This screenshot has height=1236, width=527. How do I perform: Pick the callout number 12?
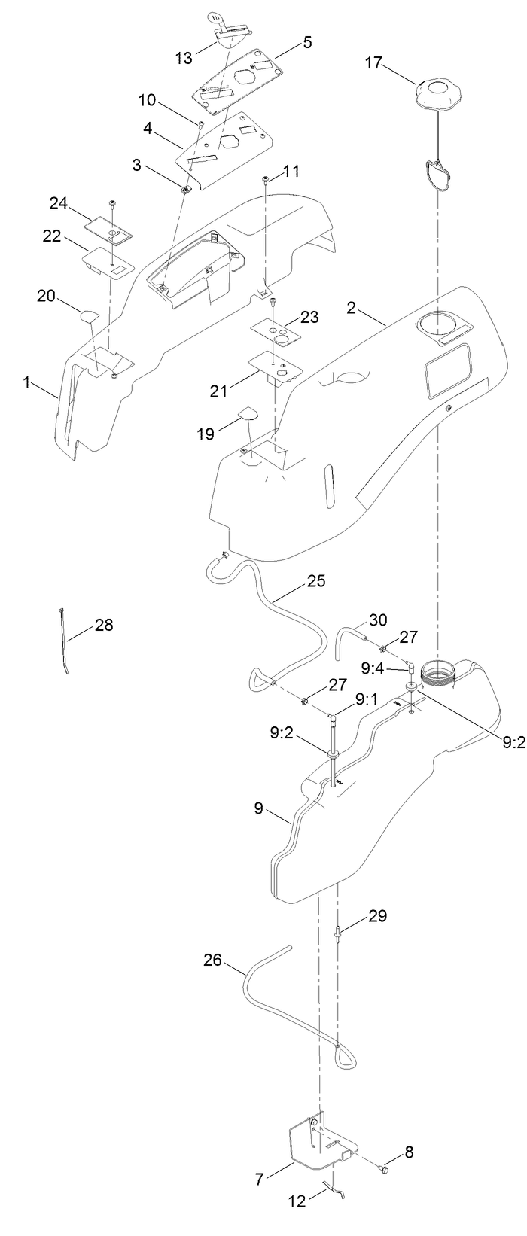(297, 1201)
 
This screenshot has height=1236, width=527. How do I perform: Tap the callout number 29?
(377, 916)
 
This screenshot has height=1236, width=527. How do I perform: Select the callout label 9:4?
(374, 668)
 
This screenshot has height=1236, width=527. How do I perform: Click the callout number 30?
(378, 622)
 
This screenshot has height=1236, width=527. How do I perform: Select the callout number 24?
(59, 203)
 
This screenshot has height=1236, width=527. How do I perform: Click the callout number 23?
(309, 318)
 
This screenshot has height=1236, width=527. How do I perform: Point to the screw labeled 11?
(267, 179)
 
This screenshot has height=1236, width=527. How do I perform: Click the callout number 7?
(259, 1179)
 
